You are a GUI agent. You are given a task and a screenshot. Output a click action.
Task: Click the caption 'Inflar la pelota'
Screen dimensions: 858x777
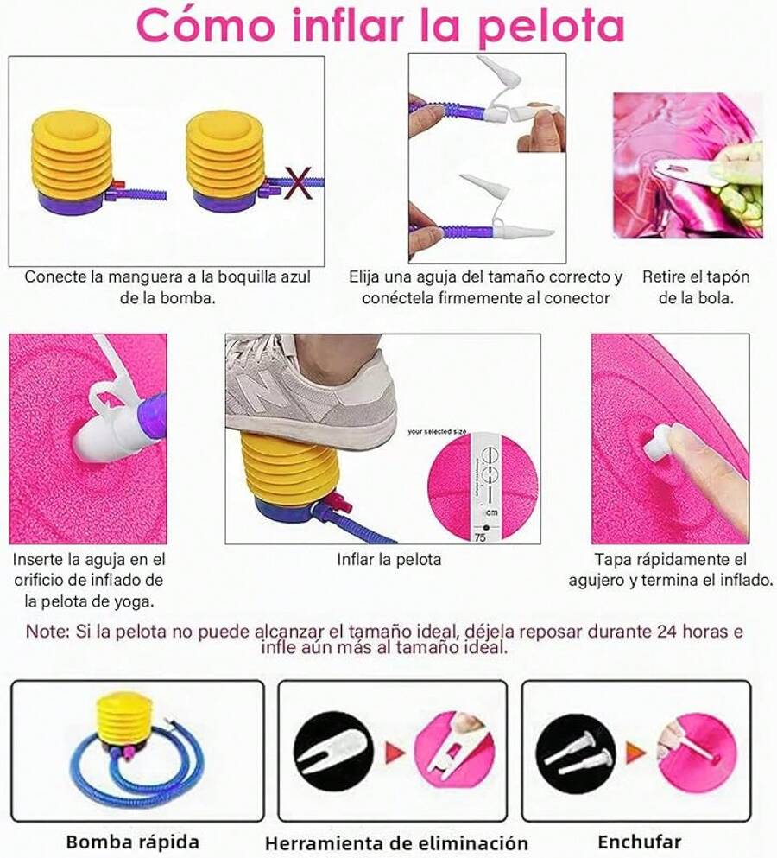click(x=388, y=560)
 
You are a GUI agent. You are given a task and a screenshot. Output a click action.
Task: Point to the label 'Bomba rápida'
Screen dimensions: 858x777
click(x=133, y=841)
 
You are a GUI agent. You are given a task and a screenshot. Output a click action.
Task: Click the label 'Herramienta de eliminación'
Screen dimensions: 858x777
click(x=396, y=842)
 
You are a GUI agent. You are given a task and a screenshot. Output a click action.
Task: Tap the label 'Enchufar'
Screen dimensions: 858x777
click(x=639, y=841)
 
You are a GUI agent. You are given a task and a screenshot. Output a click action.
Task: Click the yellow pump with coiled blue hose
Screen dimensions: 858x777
click(x=129, y=747)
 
